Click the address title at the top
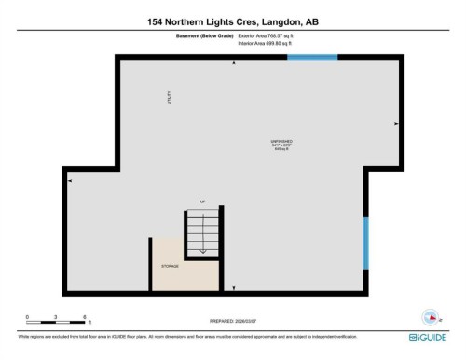click(x=232, y=21)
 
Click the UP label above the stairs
click(x=200, y=201)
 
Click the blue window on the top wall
click(x=312, y=58)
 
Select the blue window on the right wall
click(x=365, y=242)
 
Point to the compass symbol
click(x=432, y=315)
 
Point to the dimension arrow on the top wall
click(x=233, y=62)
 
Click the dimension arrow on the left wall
click(x=71, y=181)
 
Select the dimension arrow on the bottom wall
click(x=233, y=288)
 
